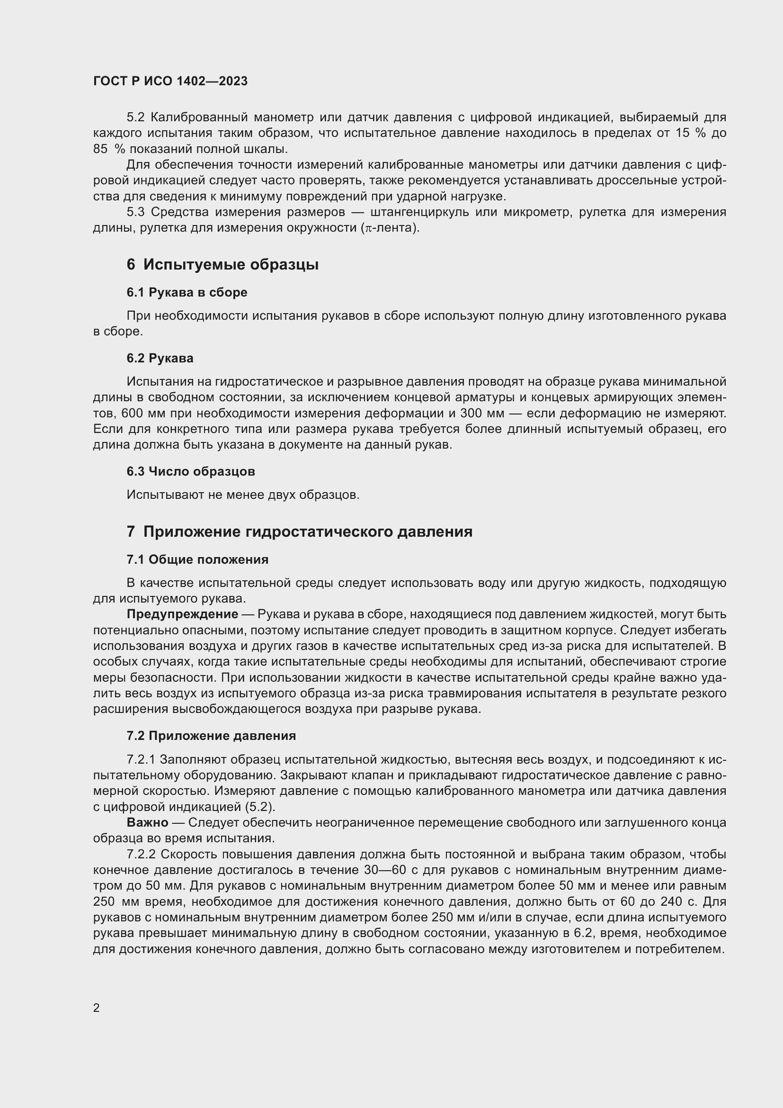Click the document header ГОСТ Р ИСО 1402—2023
(170, 81)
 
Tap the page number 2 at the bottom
(97, 1008)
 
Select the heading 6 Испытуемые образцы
(222, 264)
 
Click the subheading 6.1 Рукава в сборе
(187, 292)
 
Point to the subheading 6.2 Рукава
(160, 358)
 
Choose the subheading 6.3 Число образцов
(190, 471)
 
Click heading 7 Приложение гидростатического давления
(299, 532)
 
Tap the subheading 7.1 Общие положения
(197, 560)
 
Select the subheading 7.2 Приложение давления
(211, 736)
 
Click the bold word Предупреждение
(182, 614)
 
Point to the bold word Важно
(147, 822)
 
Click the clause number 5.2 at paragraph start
(135, 117)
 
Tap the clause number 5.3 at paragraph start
(135, 212)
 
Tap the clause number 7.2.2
(141, 854)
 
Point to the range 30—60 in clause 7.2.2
(386, 870)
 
